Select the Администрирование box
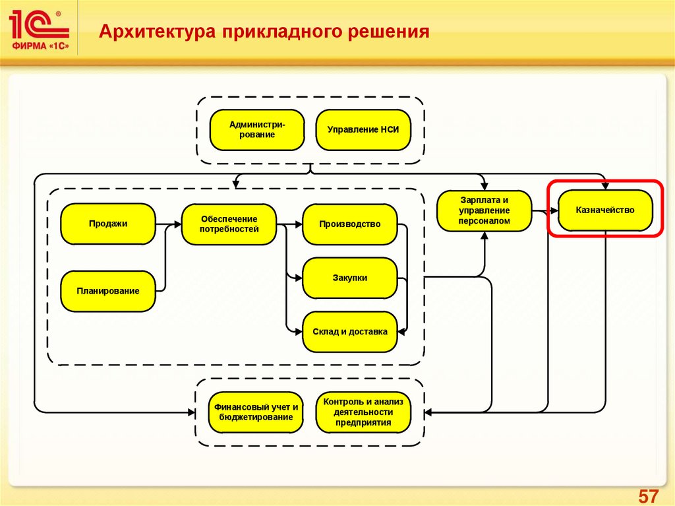[x=257, y=130]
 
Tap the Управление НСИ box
[x=364, y=130]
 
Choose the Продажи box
[x=108, y=224]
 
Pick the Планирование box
[x=108, y=290]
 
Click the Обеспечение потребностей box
[x=229, y=224]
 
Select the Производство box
[x=350, y=224]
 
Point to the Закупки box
[x=350, y=278]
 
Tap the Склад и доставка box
[x=350, y=332]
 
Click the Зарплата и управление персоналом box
[x=484, y=210]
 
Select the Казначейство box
[x=605, y=210]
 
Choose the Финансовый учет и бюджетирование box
[x=256, y=412]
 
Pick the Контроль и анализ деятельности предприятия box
[x=363, y=412]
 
